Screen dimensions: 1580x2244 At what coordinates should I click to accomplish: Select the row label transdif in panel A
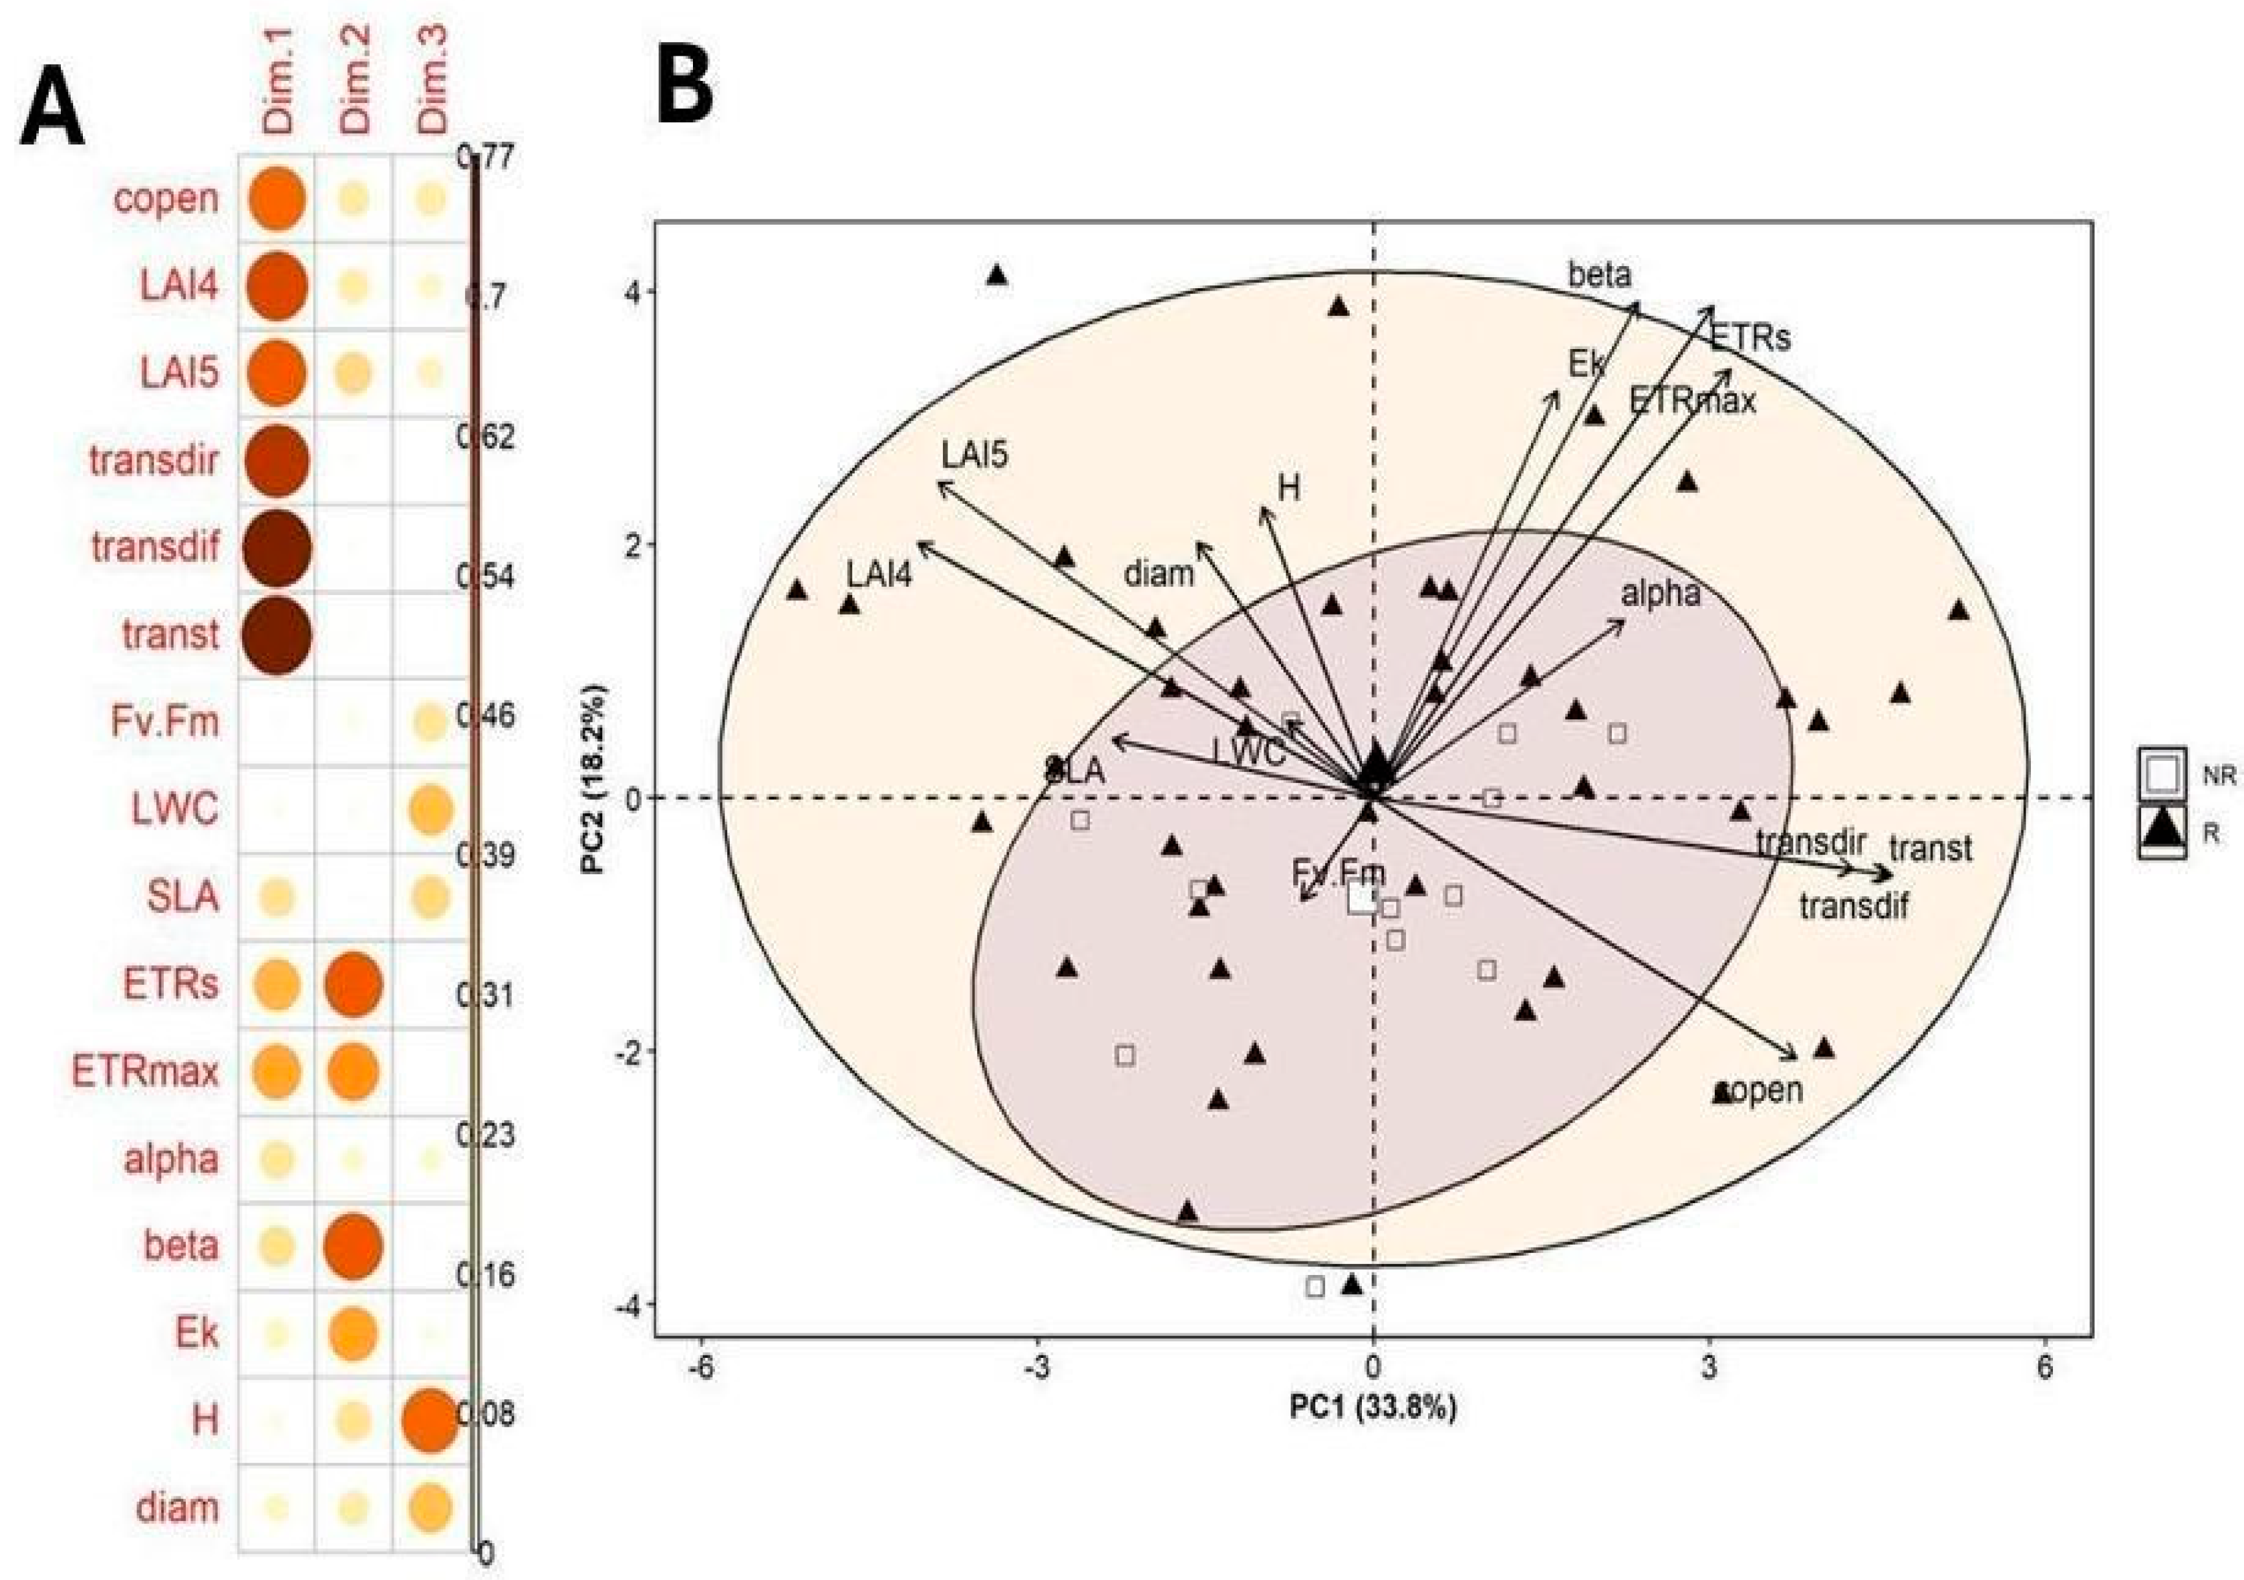pyautogui.click(x=155, y=547)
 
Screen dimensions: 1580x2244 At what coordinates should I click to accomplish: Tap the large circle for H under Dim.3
pyautogui.click(x=429, y=1420)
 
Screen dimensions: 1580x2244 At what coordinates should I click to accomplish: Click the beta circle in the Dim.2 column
pyautogui.click(x=353, y=1246)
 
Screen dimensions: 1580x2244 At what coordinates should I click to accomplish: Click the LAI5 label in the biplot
pyautogui.click(x=975, y=455)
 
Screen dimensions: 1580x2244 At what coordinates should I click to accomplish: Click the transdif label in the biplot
pyautogui.click(x=1854, y=907)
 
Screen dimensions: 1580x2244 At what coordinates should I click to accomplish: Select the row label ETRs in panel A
pyautogui.click(x=170, y=984)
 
